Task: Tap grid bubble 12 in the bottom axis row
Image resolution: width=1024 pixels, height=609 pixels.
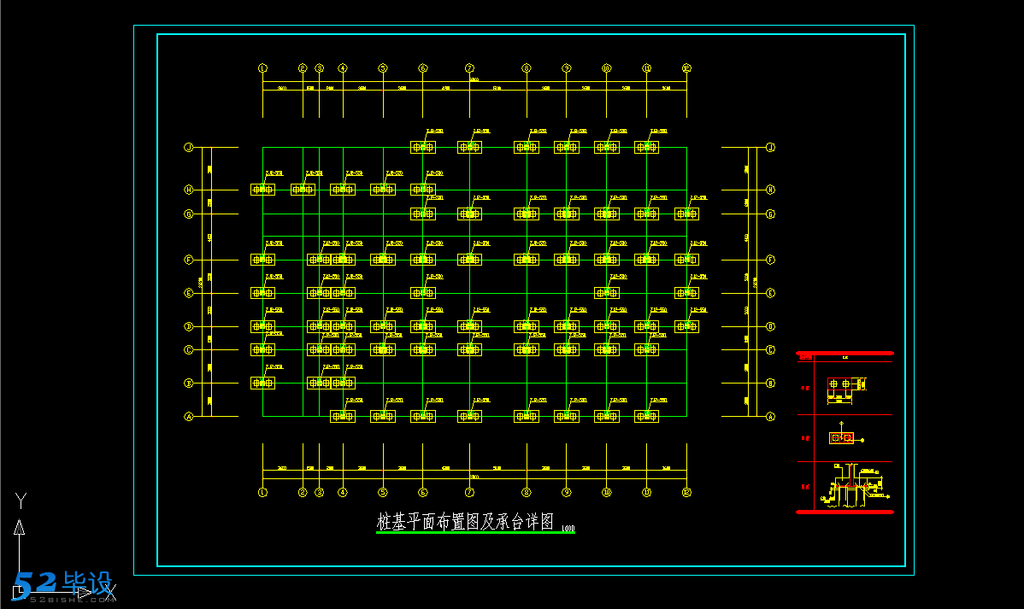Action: [686, 492]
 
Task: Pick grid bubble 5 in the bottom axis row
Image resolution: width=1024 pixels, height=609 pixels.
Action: [383, 492]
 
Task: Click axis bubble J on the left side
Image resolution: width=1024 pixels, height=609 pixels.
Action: [188, 147]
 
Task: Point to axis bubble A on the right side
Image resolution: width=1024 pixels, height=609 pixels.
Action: [770, 417]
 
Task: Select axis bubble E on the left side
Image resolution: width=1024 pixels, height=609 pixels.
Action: [188, 293]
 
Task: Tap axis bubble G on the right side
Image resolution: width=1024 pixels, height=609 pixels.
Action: [770, 214]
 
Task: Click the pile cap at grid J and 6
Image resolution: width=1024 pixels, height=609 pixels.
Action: [423, 148]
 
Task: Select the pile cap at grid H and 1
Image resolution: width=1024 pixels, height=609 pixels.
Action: [262, 190]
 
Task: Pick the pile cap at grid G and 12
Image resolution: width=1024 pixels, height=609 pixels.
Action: [686, 214]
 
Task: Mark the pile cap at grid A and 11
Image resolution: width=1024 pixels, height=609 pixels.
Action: [646, 416]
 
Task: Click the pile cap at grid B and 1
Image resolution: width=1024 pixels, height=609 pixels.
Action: [262, 383]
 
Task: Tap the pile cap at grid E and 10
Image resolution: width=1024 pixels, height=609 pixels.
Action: [607, 293]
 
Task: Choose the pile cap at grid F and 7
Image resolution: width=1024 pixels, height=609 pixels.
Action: [469, 260]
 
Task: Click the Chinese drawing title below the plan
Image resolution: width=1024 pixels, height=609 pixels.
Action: [466, 522]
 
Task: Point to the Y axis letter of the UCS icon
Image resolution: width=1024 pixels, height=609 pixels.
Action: [21, 499]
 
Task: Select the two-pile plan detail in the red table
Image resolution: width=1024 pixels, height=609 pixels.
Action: [841, 385]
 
